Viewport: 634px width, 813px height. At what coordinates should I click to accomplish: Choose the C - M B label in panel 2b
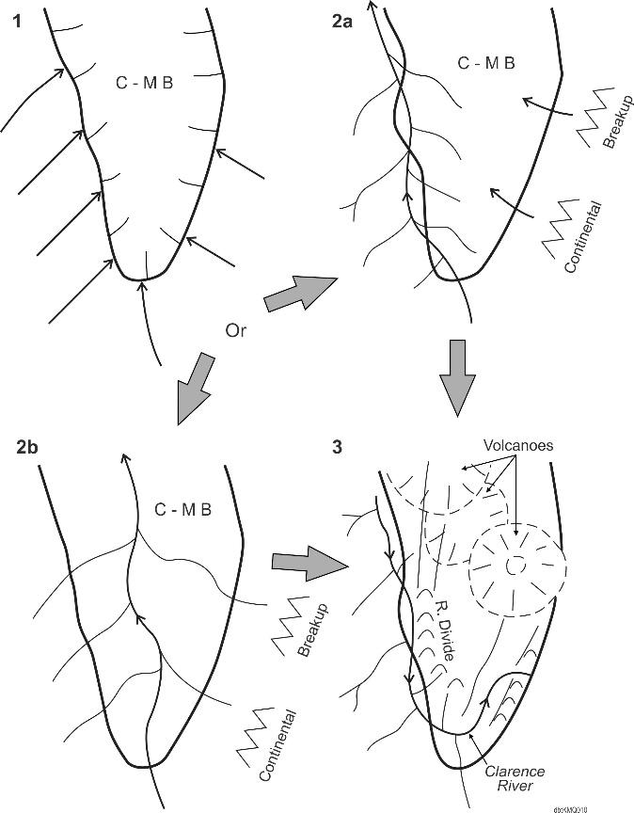pos(182,510)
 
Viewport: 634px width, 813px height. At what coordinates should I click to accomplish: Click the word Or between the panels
pos(237,330)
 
